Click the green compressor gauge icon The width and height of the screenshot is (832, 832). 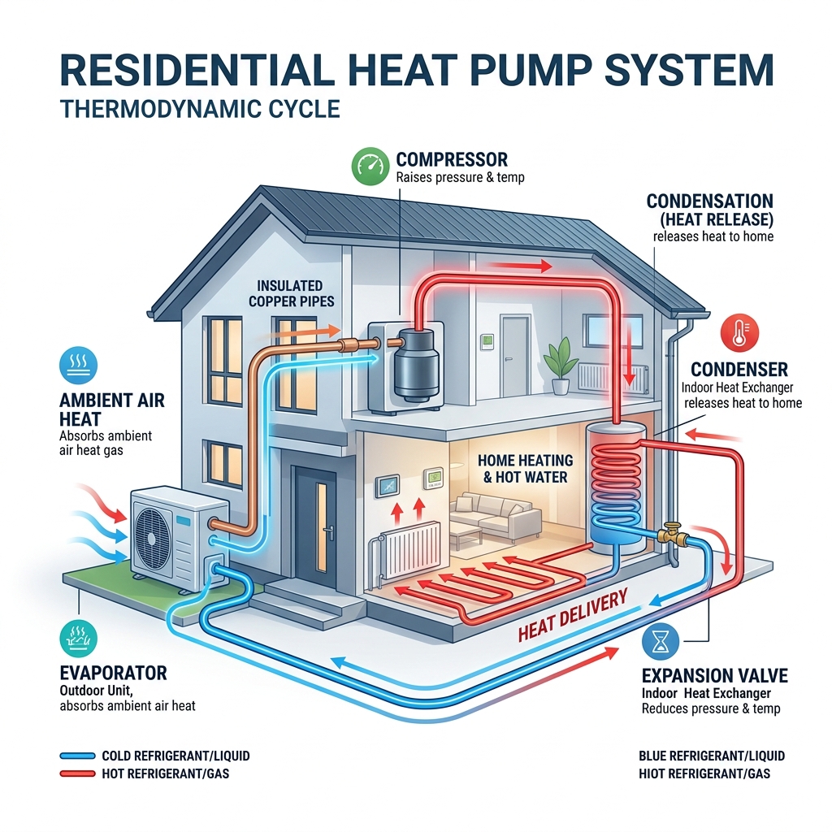370,166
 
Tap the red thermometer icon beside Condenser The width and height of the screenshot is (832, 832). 739,332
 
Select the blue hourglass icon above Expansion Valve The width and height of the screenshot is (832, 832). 660,642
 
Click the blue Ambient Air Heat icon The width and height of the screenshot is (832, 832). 79,365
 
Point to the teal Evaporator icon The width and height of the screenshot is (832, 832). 79,639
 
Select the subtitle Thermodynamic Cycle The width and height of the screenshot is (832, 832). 200,110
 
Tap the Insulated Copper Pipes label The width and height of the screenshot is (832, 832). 292,293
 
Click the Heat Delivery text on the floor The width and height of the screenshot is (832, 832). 573,615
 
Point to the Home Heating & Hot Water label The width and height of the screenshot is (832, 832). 526,469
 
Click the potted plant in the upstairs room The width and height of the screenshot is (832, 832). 561,366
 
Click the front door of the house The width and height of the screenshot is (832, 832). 316,526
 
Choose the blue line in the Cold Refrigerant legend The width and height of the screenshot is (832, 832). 77,756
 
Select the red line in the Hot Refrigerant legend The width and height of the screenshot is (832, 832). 77,773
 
